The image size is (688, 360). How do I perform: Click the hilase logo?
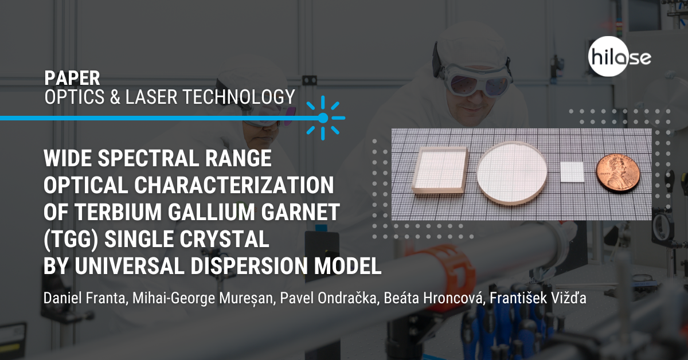click(x=619, y=57)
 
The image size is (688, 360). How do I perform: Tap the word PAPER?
click(x=72, y=78)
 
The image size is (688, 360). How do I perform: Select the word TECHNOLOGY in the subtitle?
click(x=239, y=97)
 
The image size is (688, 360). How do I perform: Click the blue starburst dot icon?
click(x=323, y=118)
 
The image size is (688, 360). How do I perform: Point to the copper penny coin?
click(x=618, y=173)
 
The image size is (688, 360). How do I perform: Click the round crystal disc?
click(x=512, y=173)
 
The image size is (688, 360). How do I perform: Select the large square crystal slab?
click(x=440, y=170)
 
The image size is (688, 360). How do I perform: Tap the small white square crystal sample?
click(x=572, y=172)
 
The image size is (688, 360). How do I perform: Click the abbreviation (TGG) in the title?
click(x=71, y=239)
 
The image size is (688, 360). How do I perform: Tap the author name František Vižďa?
click(x=538, y=298)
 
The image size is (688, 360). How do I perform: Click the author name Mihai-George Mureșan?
click(x=204, y=298)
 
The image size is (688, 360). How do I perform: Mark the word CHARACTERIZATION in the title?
click(x=234, y=185)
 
